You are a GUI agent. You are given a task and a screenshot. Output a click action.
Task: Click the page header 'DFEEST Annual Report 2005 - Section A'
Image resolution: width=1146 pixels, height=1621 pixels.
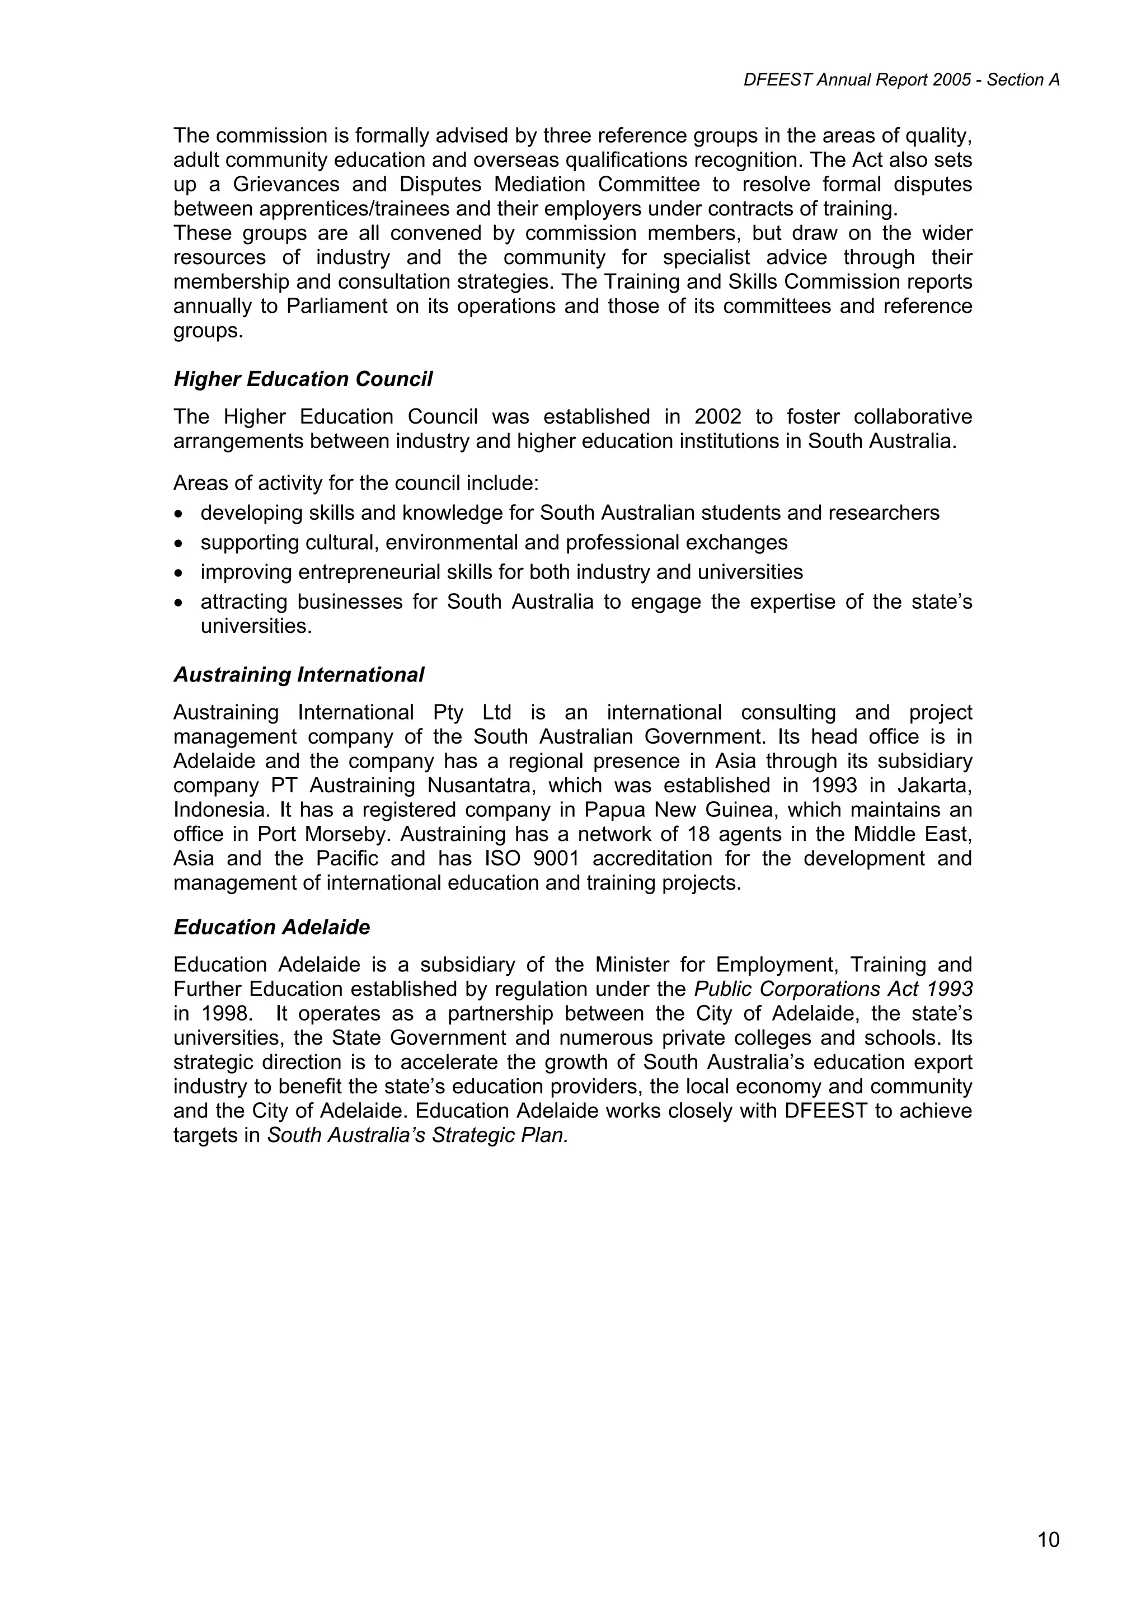pos(901,81)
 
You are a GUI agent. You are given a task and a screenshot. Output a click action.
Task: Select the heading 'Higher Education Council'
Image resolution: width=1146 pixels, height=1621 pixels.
pos(303,380)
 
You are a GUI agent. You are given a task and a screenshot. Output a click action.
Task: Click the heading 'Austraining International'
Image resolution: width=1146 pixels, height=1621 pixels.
pos(299,676)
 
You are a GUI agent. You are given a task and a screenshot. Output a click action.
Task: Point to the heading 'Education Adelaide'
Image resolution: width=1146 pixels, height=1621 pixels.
pos(272,928)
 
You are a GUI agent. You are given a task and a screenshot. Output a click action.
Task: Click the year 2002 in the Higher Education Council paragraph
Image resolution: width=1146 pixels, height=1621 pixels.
pos(717,417)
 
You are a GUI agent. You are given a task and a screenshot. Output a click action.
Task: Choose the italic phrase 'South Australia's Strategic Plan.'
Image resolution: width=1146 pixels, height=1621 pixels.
pos(417,1136)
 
